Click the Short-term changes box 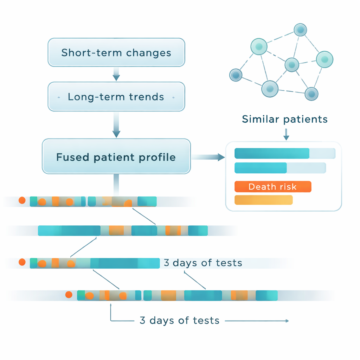pos(116,52)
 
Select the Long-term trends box pos(116,97)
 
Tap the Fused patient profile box pos(116,156)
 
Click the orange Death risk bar pos(273,187)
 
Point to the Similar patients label pos(285,119)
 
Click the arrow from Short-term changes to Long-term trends pos(116,74)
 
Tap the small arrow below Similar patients pos(286,134)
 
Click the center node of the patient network pos(291,64)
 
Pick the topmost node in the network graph pos(300,30)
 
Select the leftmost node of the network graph pos(236,75)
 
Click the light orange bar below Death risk pos(263,200)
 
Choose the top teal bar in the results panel pos(271,153)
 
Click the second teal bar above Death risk pos(261,168)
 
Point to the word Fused pos(72,157)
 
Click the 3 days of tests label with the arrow pos(179,321)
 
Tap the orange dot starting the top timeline pos(22,200)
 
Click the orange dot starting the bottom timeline pos(69,295)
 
